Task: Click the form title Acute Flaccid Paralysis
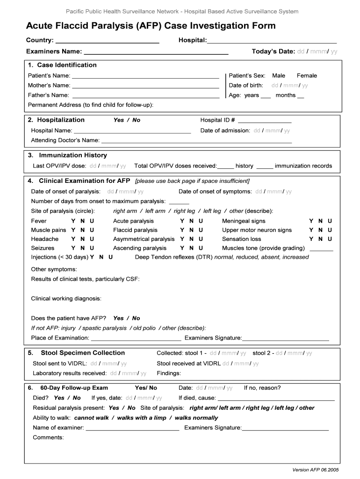151,25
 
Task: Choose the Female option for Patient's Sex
307,75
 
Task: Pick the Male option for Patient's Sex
279,75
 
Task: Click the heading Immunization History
73,155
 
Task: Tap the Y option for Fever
73,221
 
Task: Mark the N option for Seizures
82,248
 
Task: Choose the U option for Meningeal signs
330,221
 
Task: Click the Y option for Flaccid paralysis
182,230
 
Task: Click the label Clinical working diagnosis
66,298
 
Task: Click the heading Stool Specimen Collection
83,353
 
